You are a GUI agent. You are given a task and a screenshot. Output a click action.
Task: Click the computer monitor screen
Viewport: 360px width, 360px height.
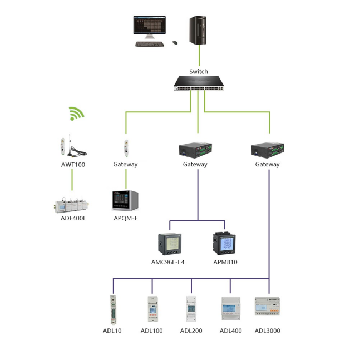pos(150,25)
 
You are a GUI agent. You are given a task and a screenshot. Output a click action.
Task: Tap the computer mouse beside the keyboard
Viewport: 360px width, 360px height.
pos(175,43)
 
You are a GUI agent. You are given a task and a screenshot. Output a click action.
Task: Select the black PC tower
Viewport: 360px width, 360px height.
pos(198,30)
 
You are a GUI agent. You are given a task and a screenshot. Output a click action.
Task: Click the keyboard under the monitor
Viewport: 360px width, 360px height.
pos(150,44)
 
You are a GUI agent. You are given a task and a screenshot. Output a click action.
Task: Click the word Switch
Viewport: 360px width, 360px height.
pos(199,72)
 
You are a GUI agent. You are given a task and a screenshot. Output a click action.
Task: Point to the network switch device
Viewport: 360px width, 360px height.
pos(199,83)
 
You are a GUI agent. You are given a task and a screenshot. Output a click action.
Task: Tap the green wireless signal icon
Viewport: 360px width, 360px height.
pos(76,114)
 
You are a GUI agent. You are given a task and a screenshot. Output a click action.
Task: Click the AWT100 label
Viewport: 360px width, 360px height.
pos(73,165)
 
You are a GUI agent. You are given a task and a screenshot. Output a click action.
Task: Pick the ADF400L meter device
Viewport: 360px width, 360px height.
pos(72,205)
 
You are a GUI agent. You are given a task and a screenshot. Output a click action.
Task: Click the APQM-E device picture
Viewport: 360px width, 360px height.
pos(125,200)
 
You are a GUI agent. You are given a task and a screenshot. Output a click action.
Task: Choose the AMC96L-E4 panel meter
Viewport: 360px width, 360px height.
pos(170,244)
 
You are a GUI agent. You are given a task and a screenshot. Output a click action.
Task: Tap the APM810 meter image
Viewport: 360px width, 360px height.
pos(224,243)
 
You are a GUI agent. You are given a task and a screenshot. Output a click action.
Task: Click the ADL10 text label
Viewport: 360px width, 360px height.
pos(112,331)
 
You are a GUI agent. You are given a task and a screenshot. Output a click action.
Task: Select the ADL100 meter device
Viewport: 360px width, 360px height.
pos(152,309)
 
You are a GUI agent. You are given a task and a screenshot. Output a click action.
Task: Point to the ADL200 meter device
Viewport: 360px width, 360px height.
pos(191,309)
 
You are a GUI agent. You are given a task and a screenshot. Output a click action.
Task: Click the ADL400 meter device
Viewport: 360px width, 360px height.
pos(231,308)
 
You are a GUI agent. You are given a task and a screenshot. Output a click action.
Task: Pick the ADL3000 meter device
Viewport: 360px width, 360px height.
pos(267,307)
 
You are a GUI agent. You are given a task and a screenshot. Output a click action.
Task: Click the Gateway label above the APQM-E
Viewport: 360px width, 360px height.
pos(125,164)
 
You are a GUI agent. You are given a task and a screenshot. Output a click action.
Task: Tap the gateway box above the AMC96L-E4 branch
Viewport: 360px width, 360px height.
pos(195,150)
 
